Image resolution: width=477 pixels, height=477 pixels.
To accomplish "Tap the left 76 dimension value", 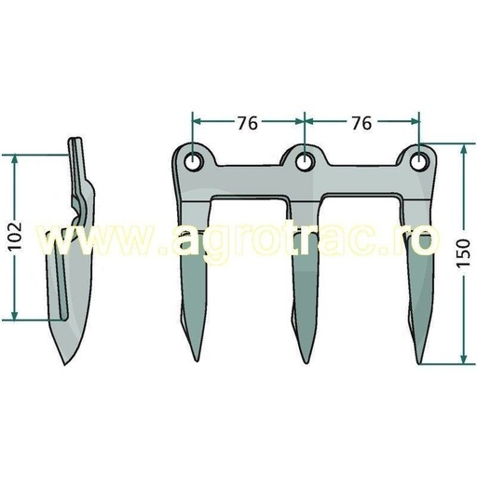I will tap(247, 122).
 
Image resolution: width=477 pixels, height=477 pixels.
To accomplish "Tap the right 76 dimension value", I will tap(361, 122).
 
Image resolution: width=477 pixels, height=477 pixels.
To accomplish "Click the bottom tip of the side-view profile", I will tap(67, 365).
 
